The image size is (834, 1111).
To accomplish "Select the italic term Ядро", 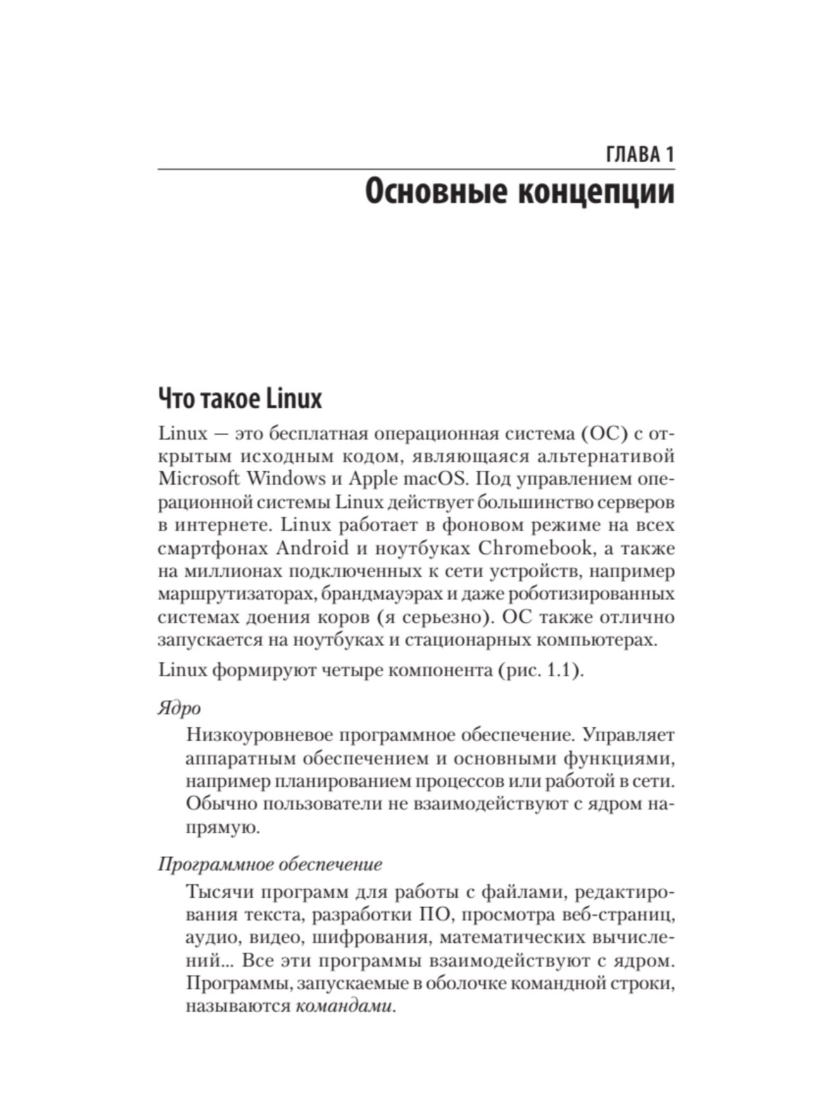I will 179,708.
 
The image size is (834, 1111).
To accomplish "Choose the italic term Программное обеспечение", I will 270,864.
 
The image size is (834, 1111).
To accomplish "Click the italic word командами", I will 343,1007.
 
